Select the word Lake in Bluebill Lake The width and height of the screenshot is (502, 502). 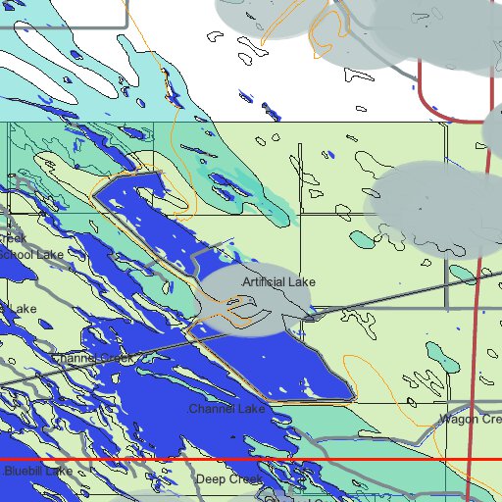(x=58, y=472)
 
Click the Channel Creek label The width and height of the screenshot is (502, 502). (x=93, y=358)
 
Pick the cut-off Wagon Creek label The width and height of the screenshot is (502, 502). (x=470, y=419)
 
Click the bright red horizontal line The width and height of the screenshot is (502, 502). (x=245, y=459)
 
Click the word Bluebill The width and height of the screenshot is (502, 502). (x=24, y=472)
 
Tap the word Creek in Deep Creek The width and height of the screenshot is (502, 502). (x=246, y=479)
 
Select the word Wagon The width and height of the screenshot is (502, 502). (x=457, y=419)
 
